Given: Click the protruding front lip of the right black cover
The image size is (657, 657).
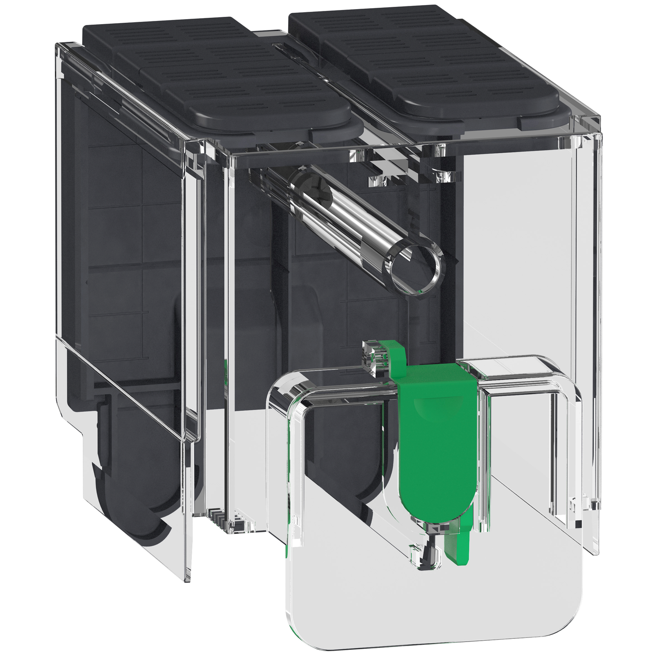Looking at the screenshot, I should click(x=546, y=120).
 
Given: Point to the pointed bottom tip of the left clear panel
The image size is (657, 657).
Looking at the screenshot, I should click(x=187, y=577).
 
